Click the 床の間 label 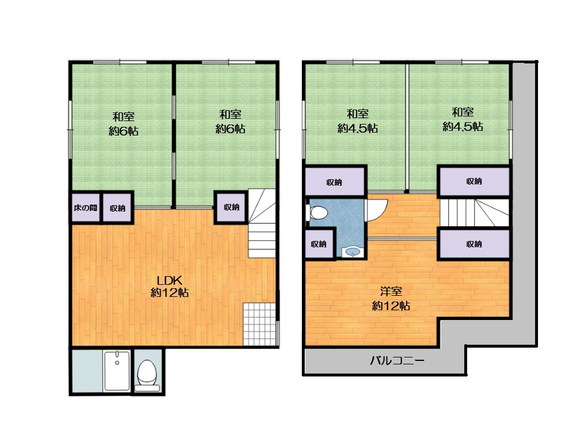pos(85,208)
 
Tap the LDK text pos(170,281)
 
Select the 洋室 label pos(391,292)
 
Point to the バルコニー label pos(397,360)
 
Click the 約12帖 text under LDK pos(170,293)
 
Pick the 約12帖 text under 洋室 pos(391,306)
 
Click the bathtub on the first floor pos(117,371)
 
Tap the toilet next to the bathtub pos(147,375)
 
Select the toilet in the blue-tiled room pos(317,213)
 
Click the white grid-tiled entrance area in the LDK pos(259,324)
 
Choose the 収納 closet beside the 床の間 pos(118,208)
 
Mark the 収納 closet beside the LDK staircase pos(231,208)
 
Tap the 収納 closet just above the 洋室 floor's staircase pos(474,181)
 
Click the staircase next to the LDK pos(262,223)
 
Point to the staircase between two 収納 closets pos(474,213)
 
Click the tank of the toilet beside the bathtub pos(147,388)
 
